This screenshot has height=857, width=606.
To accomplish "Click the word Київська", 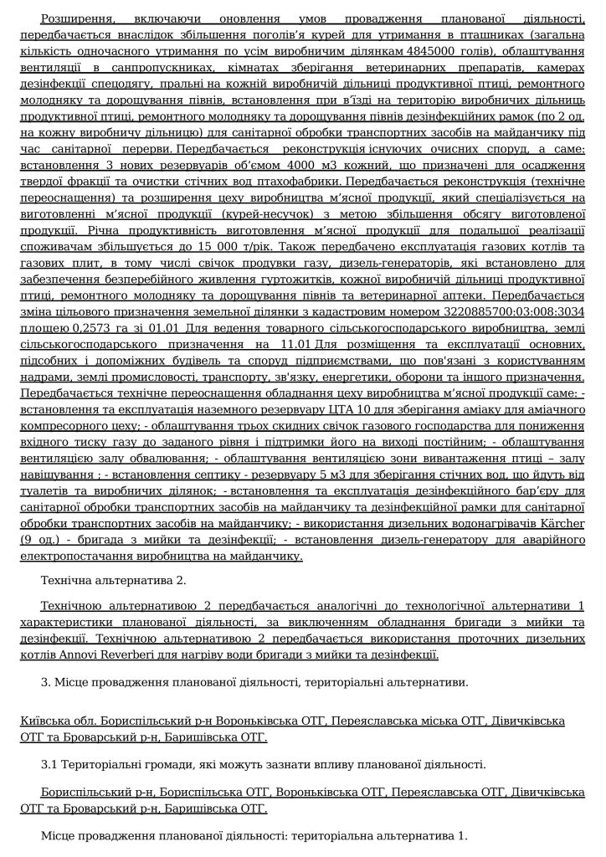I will click(44, 721).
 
